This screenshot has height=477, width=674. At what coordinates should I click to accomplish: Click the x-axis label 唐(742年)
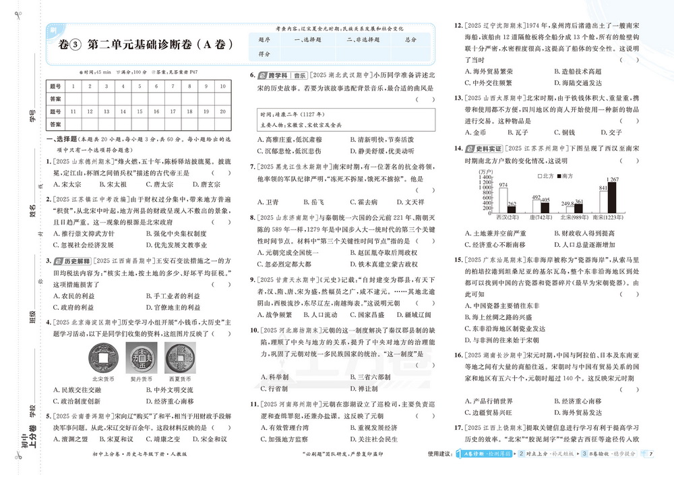click(x=541, y=218)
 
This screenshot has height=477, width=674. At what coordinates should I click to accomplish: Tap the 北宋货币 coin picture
click(x=101, y=355)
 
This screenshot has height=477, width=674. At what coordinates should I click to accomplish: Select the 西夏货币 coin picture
click(x=177, y=355)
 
